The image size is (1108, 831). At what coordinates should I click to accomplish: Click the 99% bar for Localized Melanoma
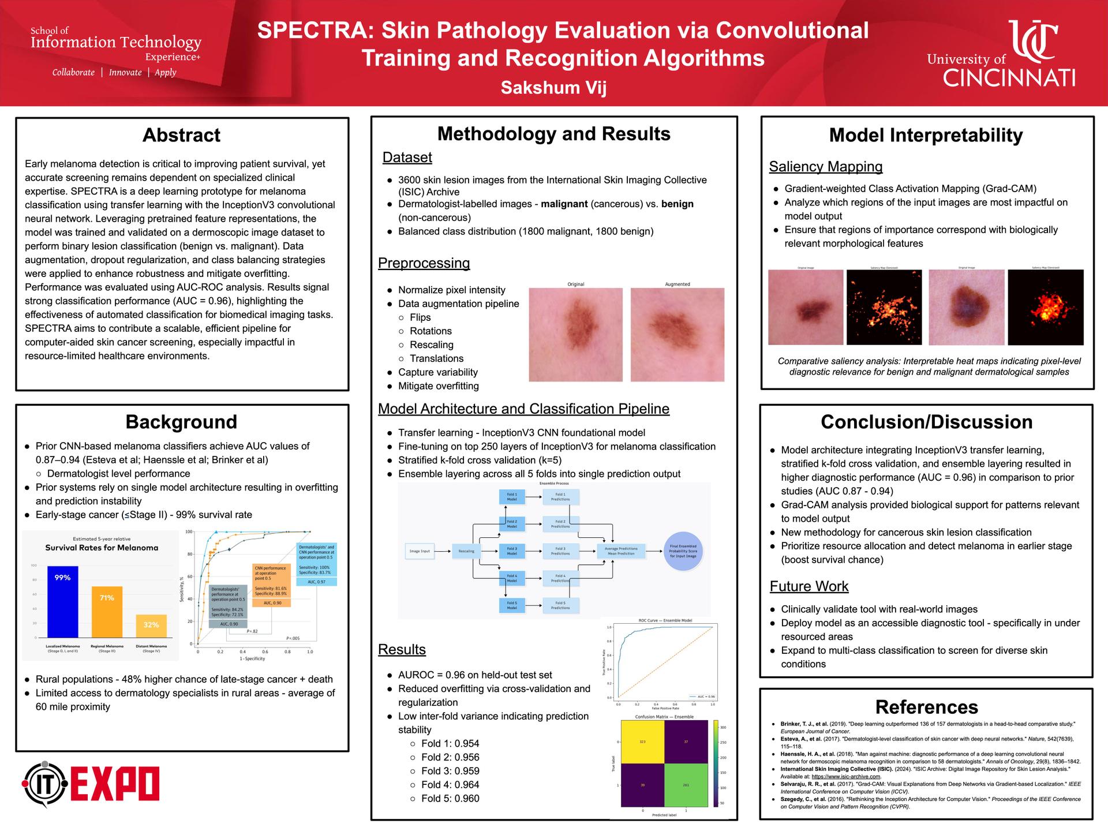pos(62,600)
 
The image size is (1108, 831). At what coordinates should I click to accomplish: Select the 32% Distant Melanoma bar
pos(151,626)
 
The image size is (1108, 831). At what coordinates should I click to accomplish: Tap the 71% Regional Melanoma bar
pos(107,611)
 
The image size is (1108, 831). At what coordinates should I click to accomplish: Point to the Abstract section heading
pos(181,135)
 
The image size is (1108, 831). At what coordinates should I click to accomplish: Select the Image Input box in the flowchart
pos(420,551)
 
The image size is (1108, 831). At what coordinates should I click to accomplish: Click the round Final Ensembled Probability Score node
pos(683,551)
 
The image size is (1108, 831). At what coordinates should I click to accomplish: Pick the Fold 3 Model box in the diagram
pos(511,551)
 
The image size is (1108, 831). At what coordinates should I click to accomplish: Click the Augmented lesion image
pos(677,335)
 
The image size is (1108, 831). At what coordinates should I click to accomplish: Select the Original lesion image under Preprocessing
pos(575,335)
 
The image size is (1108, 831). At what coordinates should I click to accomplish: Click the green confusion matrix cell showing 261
pos(686,785)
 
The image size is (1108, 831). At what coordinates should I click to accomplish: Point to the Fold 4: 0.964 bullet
pos(450,785)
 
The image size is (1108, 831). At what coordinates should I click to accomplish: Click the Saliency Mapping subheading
pos(825,167)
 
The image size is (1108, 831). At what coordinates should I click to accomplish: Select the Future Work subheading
pos(808,586)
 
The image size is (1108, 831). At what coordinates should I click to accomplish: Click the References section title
pos(926,707)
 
